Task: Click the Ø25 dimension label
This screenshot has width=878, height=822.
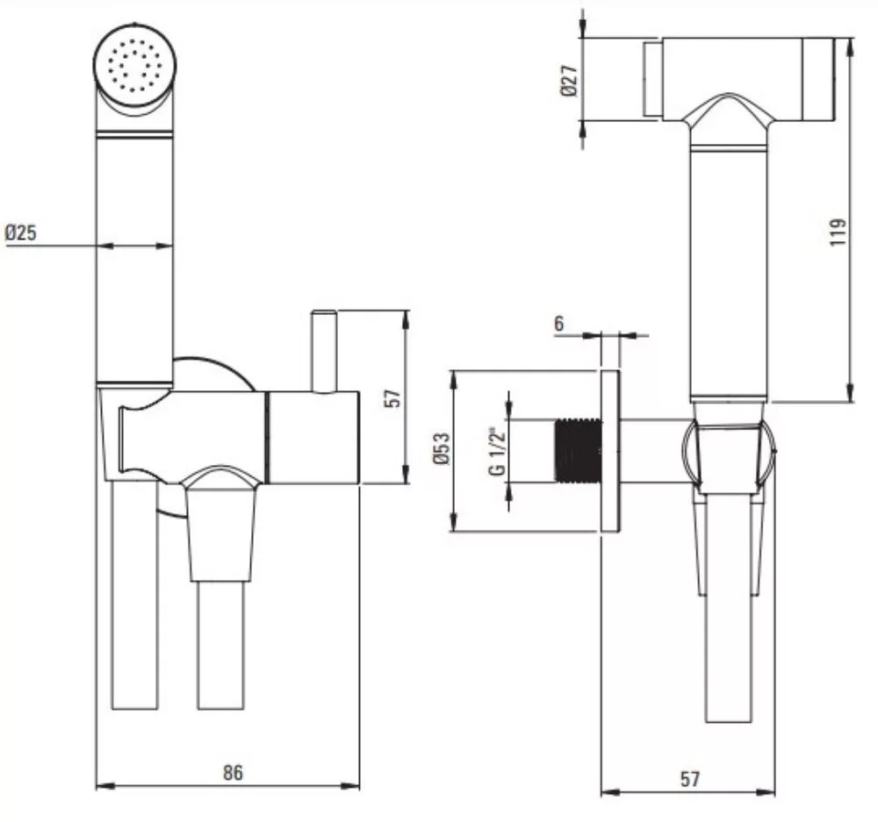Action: (x=21, y=232)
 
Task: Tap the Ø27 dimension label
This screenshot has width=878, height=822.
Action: (x=570, y=81)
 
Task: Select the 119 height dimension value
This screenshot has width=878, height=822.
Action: (x=838, y=232)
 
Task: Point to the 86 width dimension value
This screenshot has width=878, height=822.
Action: (x=233, y=772)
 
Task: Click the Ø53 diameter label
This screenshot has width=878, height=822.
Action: (x=442, y=448)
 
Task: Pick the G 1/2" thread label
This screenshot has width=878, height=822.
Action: (x=497, y=452)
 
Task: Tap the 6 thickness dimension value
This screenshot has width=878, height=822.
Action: (x=558, y=324)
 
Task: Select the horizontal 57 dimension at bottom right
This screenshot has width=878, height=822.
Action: (x=690, y=779)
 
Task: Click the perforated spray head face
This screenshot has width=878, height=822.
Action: (x=134, y=66)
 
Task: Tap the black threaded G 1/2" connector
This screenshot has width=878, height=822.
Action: (x=578, y=450)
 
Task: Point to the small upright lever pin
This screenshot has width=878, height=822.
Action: (x=324, y=351)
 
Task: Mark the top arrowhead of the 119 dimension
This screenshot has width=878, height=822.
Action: (x=850, y=46)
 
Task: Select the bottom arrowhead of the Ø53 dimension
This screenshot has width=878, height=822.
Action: (x=455, y=523)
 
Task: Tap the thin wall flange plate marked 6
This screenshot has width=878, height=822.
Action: (x=610, y=451)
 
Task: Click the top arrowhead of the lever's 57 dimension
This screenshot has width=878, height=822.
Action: (x=407, y=319)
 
